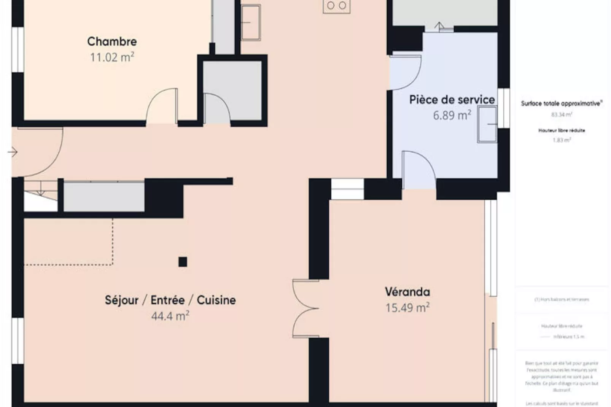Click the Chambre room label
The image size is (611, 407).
(x=112, y=41)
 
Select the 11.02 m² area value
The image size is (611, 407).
(x=112, y=57)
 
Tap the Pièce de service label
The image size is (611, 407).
(x=452, y=100)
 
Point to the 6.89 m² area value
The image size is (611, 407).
(x=452, y=115)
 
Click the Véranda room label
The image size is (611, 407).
(x=407, y=292)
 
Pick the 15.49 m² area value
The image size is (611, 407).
(x=407, y=308)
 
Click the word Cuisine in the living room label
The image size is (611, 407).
(x=216, y=300)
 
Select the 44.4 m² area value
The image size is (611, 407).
(x=170, y=316)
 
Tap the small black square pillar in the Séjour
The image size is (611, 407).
(x=183, y=262)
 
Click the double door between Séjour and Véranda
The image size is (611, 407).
(x=305, y=308)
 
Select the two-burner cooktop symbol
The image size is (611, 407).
(x=336, y=6)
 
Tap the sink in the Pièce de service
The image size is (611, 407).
(x=487, y=124)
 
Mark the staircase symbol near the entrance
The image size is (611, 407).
(x=41, y=195)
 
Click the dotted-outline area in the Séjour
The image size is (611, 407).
(x=68, y=242)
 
